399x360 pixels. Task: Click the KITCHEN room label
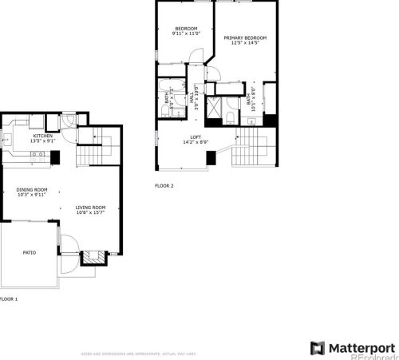pos(42,136)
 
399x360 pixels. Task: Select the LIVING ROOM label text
pos(90,208)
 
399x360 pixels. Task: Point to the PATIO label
pos(29,252)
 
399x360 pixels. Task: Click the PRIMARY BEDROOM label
pos(245,38)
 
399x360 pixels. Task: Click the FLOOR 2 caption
pos(164,185)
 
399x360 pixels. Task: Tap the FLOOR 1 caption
pos(8,299)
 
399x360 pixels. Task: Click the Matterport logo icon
pos(317,347)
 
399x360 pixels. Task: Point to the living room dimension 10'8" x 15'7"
pos(90,212)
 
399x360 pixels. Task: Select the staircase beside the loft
pos(253,148)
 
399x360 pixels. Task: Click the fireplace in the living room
pos(94,257)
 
